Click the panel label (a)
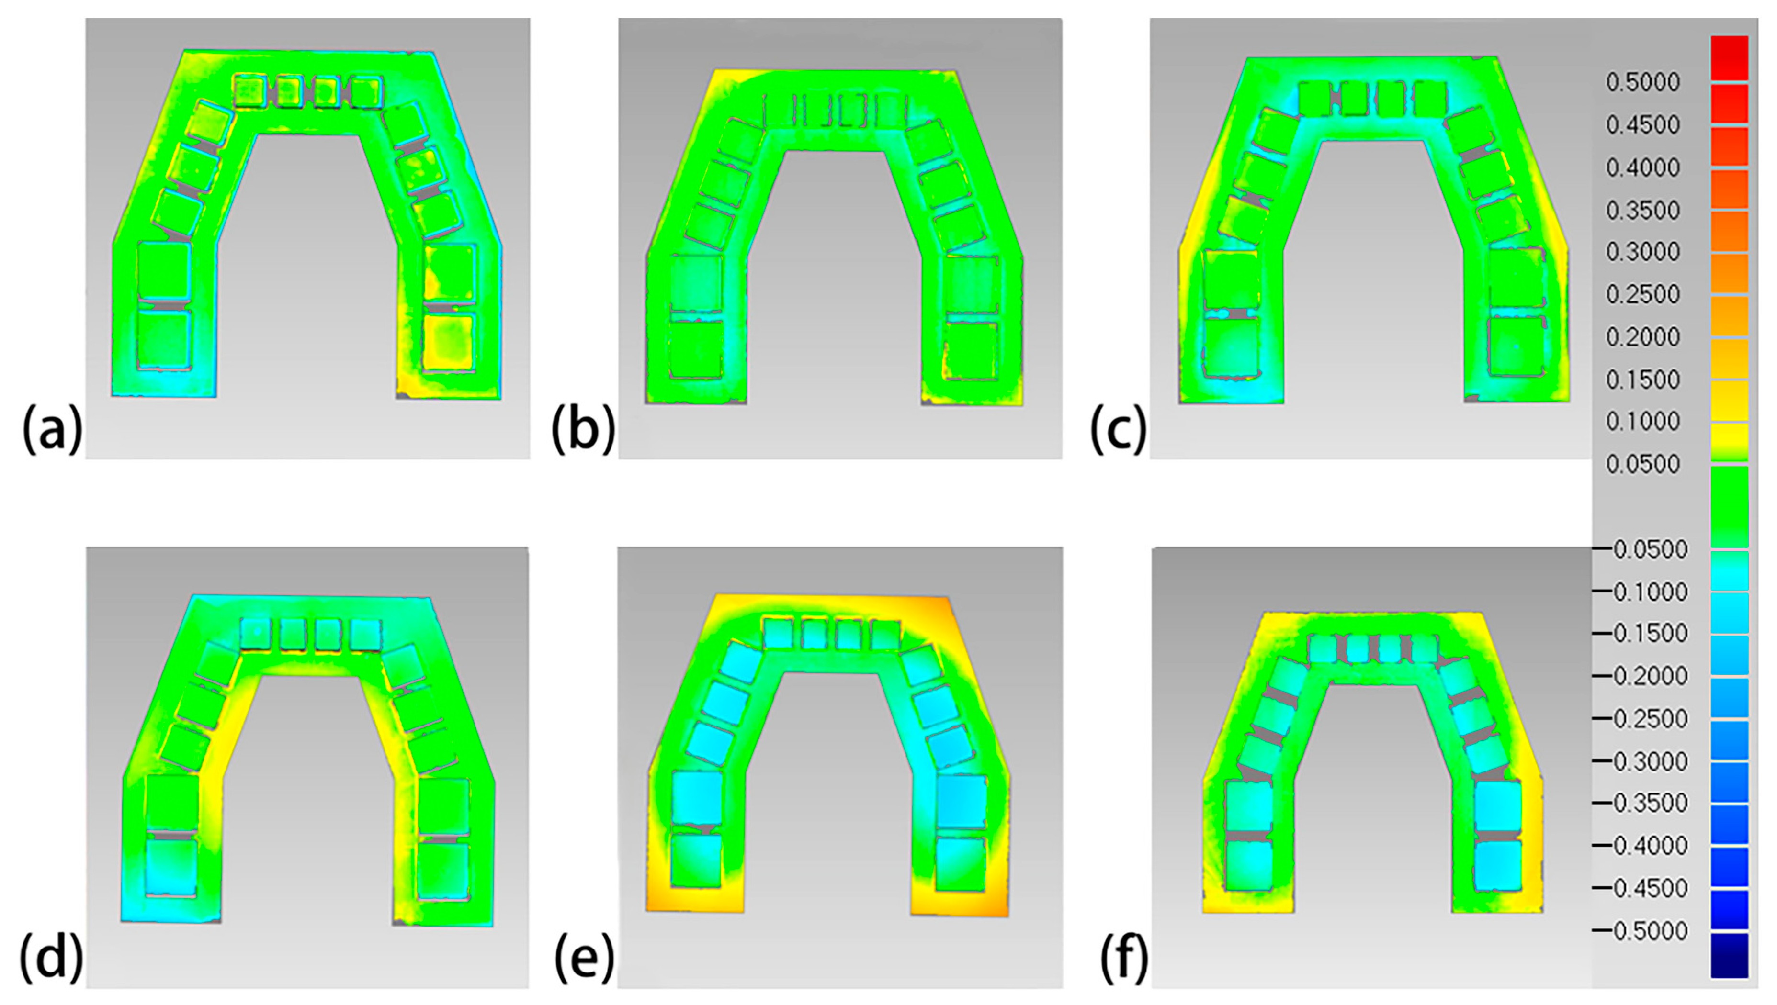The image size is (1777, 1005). (53, 429)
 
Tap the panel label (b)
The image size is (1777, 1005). (584, 429)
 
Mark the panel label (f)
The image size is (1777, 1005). (1124, 959)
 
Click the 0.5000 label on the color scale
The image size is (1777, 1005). (1642, 82)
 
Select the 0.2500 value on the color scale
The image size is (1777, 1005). (1642, 295)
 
